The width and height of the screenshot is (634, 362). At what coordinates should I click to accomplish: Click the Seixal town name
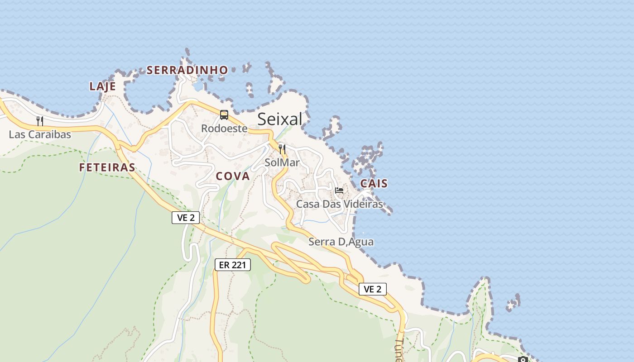(x=279, y=119)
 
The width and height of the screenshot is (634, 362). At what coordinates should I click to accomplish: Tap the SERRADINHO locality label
(x=187, y=70)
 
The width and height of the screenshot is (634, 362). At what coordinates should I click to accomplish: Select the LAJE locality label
(x=102, y=86)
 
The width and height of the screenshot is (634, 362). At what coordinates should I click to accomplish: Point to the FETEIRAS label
(x=107, y=167)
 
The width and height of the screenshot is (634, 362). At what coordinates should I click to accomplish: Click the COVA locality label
(x=233, y=176)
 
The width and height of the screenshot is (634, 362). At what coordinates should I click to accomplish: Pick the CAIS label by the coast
(x=374, y=183)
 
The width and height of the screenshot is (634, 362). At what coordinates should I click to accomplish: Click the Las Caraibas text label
(x=40, y=134)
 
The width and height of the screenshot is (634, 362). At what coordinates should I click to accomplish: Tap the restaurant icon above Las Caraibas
(x=40, y=121)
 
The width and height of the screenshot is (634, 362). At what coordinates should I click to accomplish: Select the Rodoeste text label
(x=224, y=129)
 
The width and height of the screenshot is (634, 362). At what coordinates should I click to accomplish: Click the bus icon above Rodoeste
(x=224, y=115)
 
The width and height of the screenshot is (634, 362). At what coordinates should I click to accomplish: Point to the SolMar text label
(x=282, y=162)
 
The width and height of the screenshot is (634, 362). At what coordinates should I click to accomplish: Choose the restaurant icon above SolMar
(x=282, y=149)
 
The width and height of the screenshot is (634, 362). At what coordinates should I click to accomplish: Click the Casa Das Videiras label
(x=339, y=204)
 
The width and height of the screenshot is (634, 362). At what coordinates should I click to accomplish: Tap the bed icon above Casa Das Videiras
(x=339, y=191)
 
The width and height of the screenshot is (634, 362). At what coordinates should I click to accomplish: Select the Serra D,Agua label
(x=341, y=242)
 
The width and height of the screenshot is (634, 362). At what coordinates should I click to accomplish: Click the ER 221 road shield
(x=232, y=265)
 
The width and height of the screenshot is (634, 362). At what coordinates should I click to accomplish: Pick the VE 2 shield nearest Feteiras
(x=186, y=218)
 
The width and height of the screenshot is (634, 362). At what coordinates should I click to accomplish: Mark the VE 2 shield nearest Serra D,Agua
(x=372, y=289)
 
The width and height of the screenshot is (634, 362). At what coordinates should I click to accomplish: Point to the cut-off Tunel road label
(x=399, y=351)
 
